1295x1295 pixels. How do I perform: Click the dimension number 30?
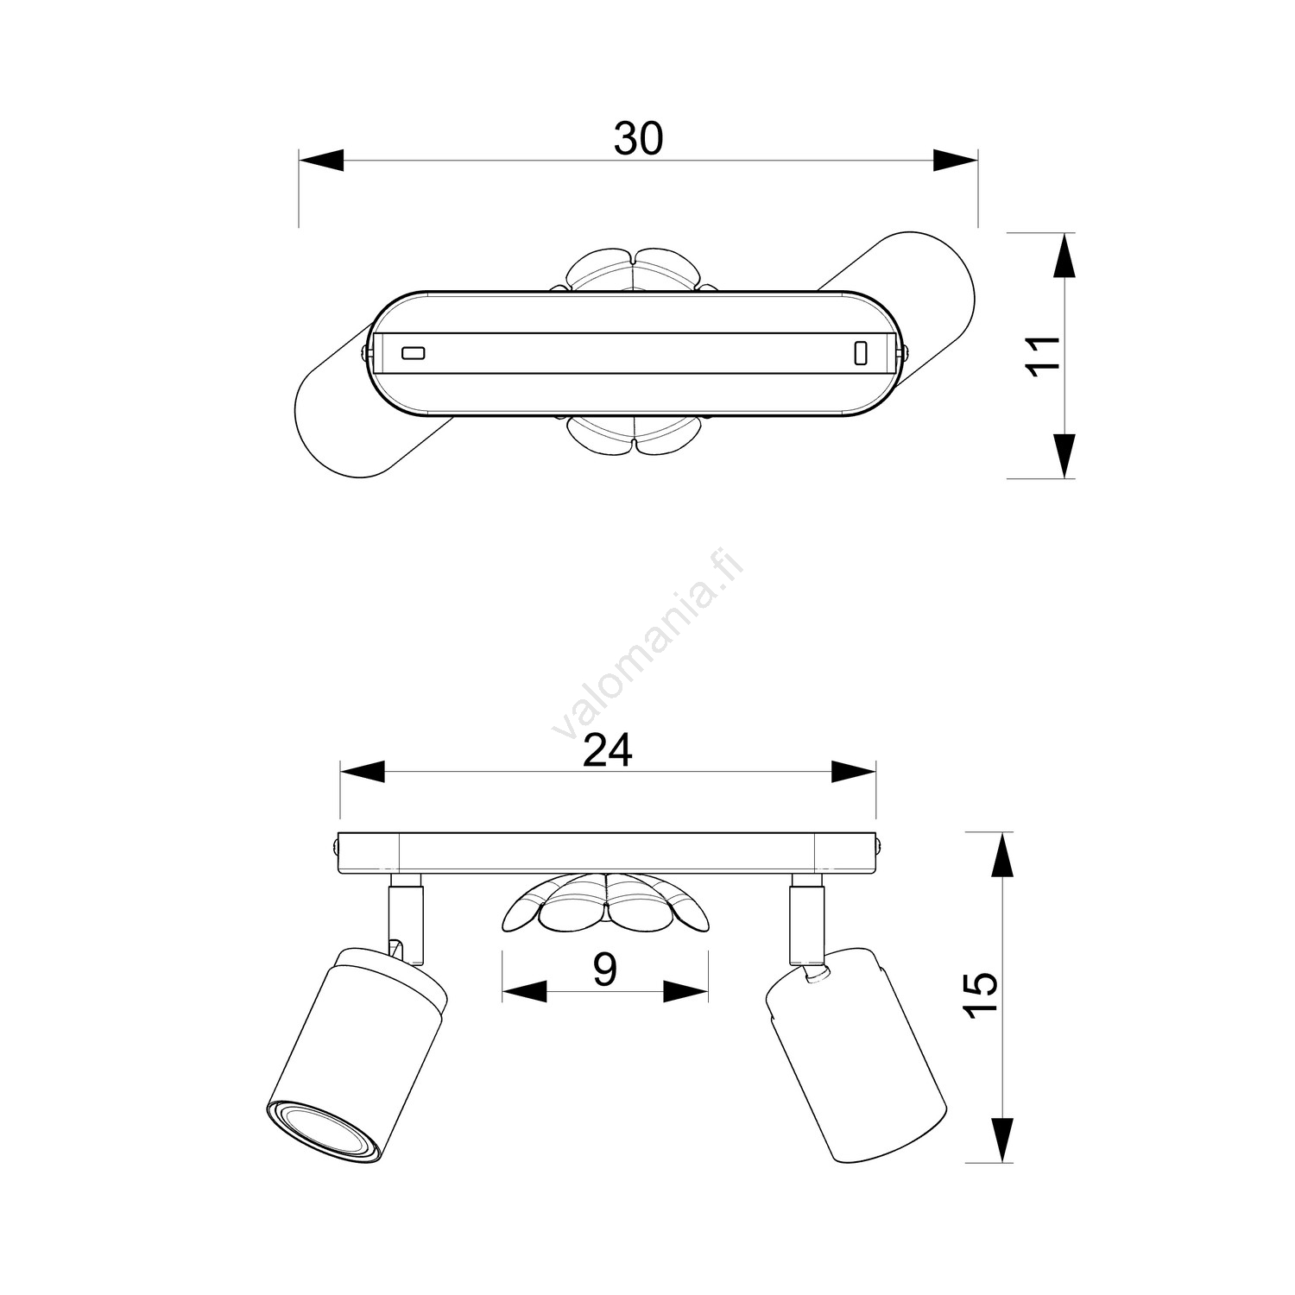[x=638, y=138]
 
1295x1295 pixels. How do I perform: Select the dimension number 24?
[x=608, y=750]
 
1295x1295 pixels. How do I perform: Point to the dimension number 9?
[x=605, y=970]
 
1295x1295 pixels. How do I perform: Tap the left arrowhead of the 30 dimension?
[x=321, y=161]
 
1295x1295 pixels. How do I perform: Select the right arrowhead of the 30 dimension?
[x=955, y=161]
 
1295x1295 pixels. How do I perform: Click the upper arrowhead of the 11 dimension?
[x=1066, y=256]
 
